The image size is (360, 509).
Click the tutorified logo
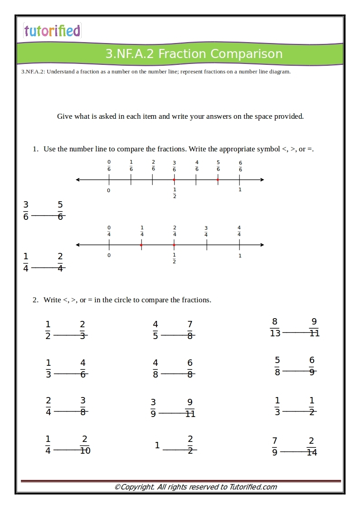[x=52, y=31]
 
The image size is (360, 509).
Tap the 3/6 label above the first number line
[x=174, y=166]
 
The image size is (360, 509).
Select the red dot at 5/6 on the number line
[x=218, y=180]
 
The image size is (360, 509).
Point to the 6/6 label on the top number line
[x=240, y=166]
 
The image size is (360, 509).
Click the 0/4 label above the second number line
[x=109, y=231]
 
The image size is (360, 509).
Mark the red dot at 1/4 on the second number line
[x=141, y=245]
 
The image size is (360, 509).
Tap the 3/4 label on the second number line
[x=206, y=231]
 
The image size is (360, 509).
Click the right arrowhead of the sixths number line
[x=262, y=180]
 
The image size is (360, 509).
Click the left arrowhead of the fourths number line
[x=78, y=245]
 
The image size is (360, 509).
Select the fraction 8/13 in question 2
[x=275, y=327]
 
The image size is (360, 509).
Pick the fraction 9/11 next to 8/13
[x=314, y=327]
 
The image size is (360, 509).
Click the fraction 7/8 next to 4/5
[x=190, y=330]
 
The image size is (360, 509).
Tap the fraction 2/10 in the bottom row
[x=85, y=445]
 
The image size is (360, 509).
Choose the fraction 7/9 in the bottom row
[x=275, y=446]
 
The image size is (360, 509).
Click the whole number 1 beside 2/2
[x=157, y=446]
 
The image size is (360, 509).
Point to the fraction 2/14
[x=311, y=446]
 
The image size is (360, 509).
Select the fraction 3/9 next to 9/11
[x=153, y=408]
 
